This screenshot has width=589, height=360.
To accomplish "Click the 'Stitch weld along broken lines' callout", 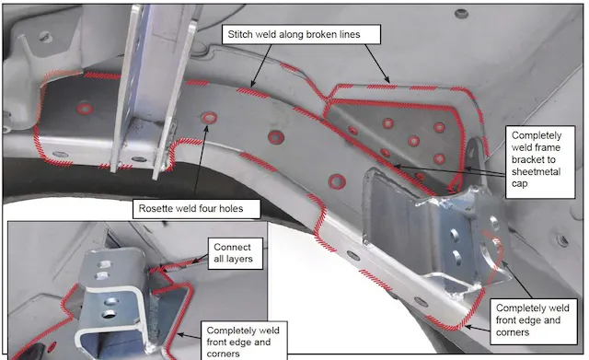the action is [x=301, y=35].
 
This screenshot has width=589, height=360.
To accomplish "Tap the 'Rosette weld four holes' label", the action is [x=196, y=209].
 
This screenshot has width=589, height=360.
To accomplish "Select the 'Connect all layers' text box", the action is [x=236, y=253].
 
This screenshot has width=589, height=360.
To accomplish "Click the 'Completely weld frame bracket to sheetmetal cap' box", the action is [x=540, y=162].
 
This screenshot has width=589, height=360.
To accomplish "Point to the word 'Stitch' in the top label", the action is [x=240, y=35].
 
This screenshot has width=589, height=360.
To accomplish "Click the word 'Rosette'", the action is [x=154, y=209].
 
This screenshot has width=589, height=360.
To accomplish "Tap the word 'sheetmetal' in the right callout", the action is [x=536, y=172].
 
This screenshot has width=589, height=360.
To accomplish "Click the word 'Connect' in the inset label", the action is [x=232, y=247].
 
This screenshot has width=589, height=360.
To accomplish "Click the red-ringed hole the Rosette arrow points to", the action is [x=209, y=118].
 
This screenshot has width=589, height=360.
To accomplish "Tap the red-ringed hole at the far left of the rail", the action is [x=85, y=109].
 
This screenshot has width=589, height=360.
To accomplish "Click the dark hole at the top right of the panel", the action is [x=462, y=15].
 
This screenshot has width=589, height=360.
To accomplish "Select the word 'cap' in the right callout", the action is [x=519, y=184].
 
